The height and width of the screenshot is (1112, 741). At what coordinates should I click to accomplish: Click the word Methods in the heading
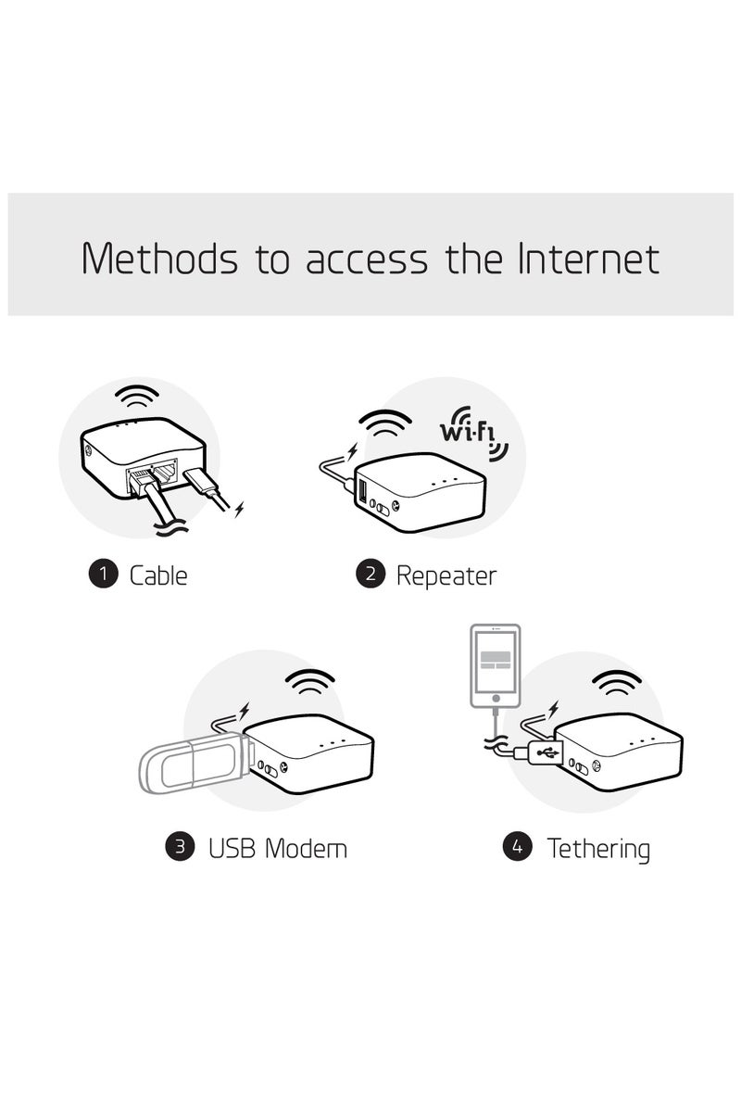tap(158, 259)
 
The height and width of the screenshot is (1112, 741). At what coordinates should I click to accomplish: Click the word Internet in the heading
tap(587, 259)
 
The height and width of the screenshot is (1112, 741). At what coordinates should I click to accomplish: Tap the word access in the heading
tap(367, 261)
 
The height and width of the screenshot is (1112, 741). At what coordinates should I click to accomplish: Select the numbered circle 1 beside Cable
tap(103, 574)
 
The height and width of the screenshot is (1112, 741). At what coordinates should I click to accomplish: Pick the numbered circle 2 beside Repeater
tap(370, 574)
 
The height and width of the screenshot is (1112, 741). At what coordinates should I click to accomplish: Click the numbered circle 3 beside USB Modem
tap(180, 846)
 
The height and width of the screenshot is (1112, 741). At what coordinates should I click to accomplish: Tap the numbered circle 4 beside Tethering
tap(517, 846)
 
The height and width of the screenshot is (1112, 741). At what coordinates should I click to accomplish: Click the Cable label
tap(158, 575)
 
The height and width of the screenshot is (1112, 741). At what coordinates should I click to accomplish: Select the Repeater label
tap(446, 575)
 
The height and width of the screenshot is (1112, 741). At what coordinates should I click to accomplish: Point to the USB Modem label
tap(278, 847)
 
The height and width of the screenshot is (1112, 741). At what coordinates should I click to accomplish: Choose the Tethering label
tap(598, 848)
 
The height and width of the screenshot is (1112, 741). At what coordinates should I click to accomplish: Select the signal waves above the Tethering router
tap(616, 684)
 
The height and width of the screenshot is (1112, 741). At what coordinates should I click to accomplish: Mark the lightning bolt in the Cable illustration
tap(240, 509)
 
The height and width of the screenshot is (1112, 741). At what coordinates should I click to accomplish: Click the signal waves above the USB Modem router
tap(310, 684)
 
